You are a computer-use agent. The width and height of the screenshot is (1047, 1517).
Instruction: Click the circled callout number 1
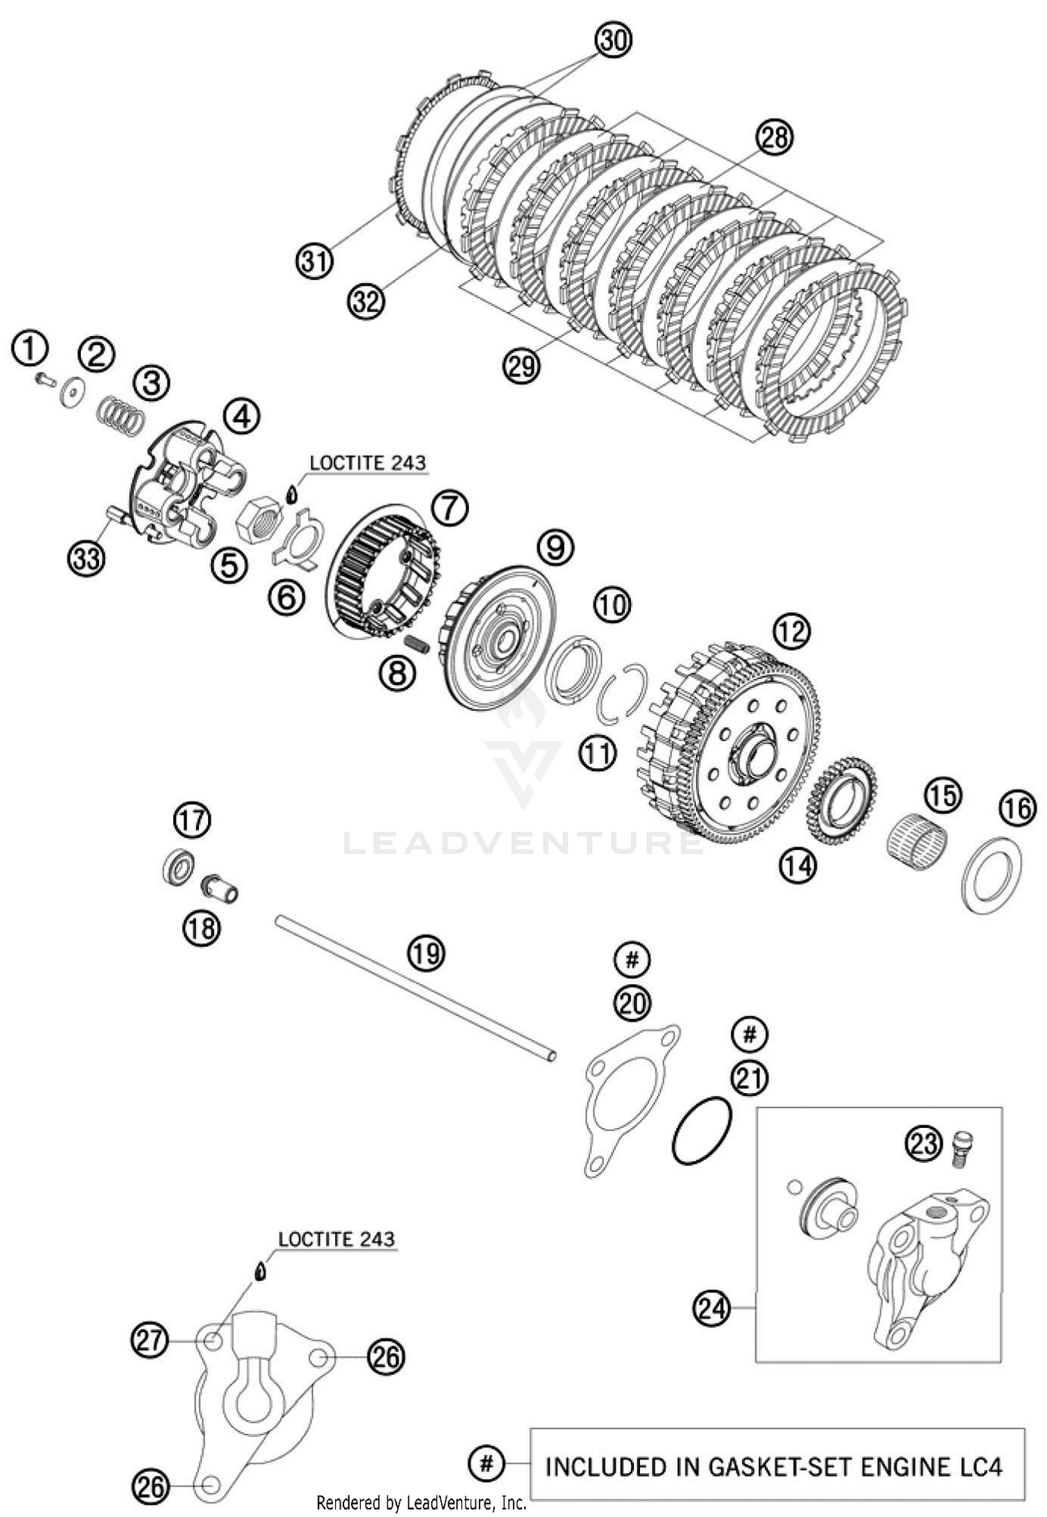[x=30, y=349]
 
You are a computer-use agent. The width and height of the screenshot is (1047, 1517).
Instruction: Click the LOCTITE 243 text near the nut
[x=367, y=462]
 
